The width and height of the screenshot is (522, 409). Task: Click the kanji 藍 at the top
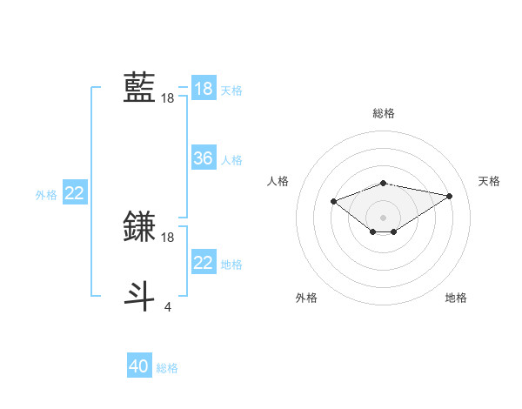(x=139, y=88)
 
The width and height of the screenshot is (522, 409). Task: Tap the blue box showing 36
(x=204, y=158)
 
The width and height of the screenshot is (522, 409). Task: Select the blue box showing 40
(x=139, y=366)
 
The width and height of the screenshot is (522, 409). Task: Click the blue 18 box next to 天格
(x=204, y=89)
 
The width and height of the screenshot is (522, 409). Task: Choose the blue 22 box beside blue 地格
(x=204, y=263)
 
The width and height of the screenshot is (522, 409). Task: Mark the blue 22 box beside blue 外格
(x=75, y=193)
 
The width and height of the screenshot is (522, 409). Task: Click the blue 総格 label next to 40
(x=167, y=368)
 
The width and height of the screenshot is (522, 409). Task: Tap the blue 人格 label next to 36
(x=231, y=160)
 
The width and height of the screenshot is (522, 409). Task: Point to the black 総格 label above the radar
(x=384, y=113)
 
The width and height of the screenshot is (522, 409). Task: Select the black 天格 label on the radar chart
(x=490, y=181)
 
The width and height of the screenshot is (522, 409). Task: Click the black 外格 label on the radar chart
(x=306, y=298)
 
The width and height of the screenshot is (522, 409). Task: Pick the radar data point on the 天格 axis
(x=450, y=195)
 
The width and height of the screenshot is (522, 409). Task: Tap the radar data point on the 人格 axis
(x=333, y=201)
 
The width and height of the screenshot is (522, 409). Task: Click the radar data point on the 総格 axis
(x=384, y=183)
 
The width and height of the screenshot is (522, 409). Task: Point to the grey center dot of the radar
(x=384, y=217)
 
